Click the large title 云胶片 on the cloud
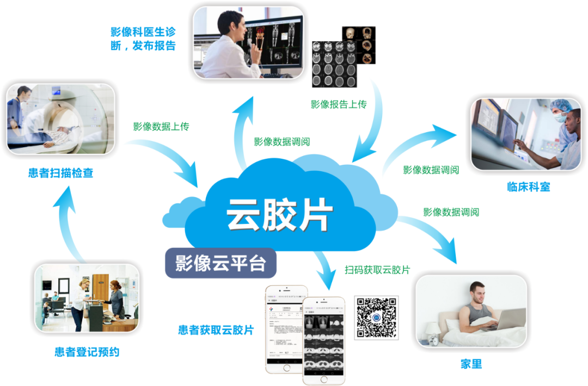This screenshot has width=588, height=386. click(x=279, y=213)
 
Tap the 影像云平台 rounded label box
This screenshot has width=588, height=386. click(x=220, y=263)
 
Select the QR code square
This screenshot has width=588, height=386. click(x=377, y=317)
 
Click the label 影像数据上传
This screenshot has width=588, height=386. click(x=161, y=126)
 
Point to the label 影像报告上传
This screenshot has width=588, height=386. click(x=339, y=104)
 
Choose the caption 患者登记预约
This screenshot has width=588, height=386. click(x=87, y=352)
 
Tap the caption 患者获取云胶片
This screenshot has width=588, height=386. click(x=216, y=329)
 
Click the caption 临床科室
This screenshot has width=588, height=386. click(x=528, y=187)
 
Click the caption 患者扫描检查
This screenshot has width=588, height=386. click(x=60, y=173)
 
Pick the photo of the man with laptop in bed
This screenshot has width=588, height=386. click(x=471, y=311)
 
